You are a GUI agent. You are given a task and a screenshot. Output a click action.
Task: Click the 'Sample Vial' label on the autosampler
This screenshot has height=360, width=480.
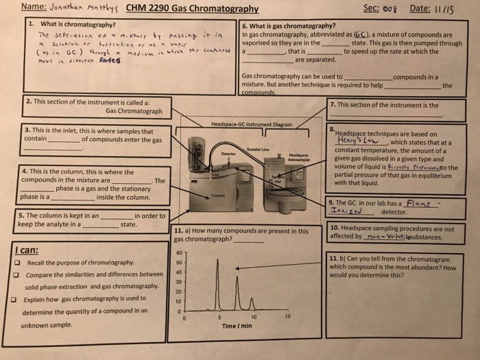pos(276,180)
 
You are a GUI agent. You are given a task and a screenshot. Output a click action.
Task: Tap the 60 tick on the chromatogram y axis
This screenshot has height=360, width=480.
pos(180,252)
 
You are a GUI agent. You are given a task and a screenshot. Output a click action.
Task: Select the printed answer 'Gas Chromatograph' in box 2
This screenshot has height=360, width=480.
pos(134,111)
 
